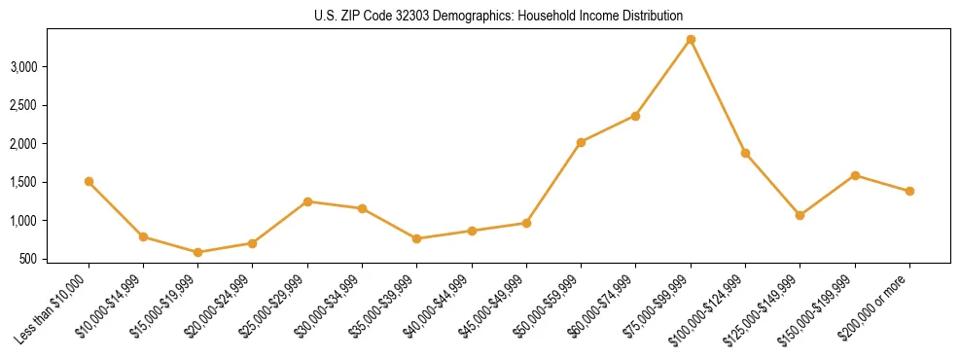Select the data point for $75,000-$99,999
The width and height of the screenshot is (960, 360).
click(691, 40)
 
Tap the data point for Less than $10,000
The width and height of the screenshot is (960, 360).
click(89, 182)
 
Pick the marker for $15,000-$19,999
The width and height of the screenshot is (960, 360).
click(198, 252)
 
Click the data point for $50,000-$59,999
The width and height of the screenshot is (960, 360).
click(581, 142)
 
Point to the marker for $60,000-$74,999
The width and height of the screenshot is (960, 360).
click(635, 116)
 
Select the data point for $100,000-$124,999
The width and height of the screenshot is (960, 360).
click(745, 153)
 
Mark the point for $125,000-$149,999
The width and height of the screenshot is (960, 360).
click(800, 215)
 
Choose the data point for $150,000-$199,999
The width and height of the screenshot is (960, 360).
click(855, 175)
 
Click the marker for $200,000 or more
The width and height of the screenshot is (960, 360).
click(909, 191)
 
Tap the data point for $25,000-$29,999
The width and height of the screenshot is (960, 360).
click(307, 201)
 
